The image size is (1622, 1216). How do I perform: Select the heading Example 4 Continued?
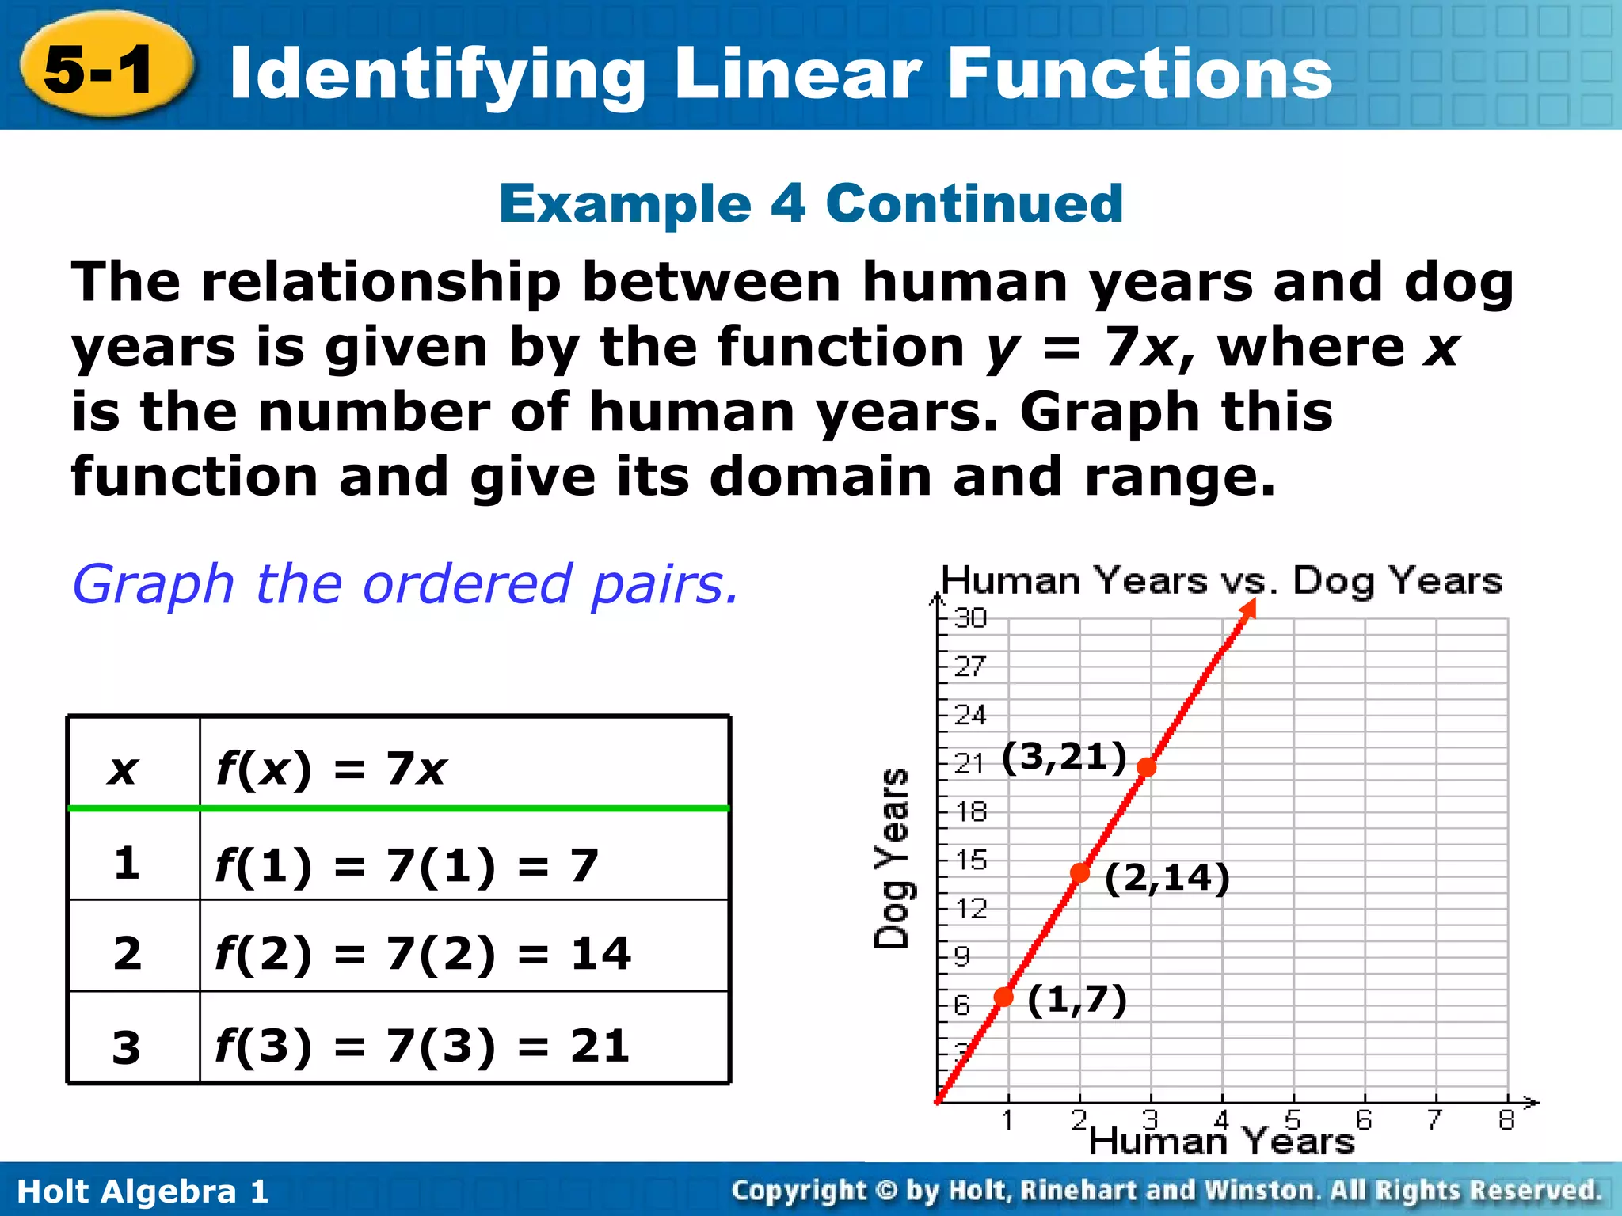[810, 203]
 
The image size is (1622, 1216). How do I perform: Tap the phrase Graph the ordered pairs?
[405, 584]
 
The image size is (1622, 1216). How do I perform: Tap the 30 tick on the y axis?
[970, 617]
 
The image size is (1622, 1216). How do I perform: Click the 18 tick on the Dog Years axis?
[970, 811]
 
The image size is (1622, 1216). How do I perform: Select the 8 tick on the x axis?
[1506, 1119]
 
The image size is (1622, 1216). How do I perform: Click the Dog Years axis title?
[893, 858]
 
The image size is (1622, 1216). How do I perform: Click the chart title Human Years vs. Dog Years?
[1221, 581]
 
